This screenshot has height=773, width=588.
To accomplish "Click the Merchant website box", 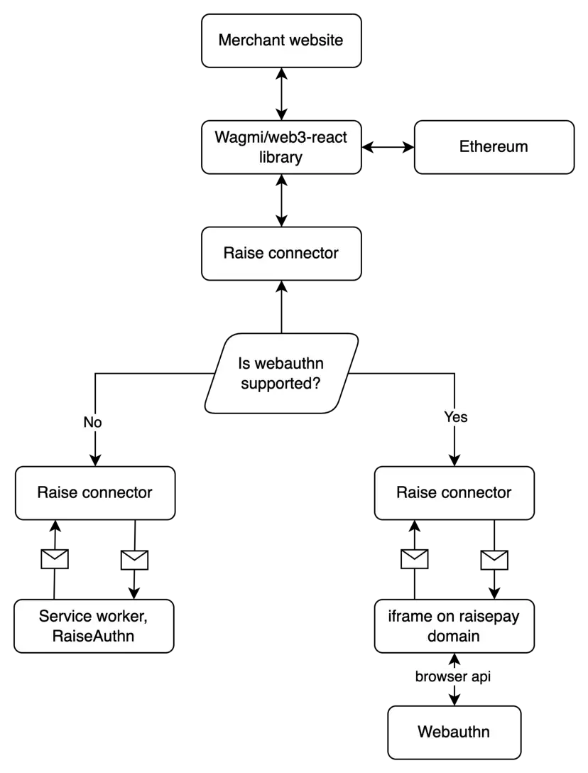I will (281, 40).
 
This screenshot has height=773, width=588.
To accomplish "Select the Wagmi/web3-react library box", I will (281, 147).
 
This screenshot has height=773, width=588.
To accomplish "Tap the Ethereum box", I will (494, 147).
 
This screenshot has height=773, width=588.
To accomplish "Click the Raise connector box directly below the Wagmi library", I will (281, 254).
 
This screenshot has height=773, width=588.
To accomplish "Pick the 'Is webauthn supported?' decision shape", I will (281, 374).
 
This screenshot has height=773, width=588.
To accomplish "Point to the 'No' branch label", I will (93, 423).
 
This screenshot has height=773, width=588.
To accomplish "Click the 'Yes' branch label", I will (455, 417).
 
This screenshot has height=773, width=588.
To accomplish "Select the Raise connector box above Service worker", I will (94, 492).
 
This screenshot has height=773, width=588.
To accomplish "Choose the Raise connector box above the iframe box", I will (454, 492).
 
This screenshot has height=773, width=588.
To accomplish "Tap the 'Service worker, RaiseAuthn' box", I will (94, 626).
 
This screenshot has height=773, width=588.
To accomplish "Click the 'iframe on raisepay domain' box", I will (454, 626).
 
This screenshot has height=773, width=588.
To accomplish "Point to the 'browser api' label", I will (453, 677).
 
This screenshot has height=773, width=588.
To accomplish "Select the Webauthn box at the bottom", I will (454, 732).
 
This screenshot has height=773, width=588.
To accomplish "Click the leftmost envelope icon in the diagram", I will (55, 559).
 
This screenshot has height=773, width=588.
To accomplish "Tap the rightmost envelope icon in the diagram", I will (494, 560).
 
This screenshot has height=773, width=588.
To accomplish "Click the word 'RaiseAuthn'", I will (93, 636).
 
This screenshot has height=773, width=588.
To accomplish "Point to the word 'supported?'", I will (281, 384).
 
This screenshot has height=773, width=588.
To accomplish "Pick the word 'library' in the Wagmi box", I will (281, 157).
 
